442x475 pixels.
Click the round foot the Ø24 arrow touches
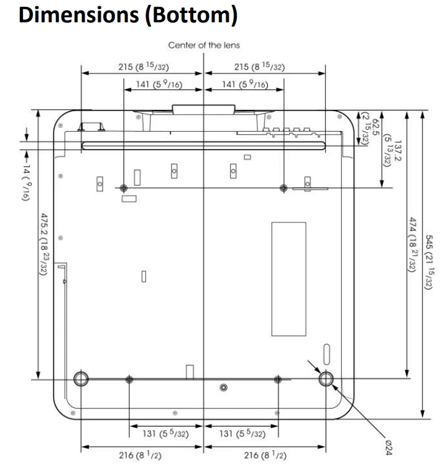[326, 379]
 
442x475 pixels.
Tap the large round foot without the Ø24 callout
[81, 379]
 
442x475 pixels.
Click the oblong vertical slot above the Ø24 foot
[328, 352]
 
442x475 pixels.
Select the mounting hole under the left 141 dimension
[124, 188]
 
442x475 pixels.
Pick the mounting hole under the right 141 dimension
[284, 188]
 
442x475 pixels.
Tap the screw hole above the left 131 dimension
[129, 379]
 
